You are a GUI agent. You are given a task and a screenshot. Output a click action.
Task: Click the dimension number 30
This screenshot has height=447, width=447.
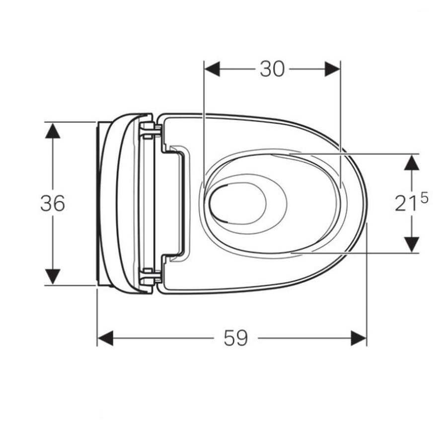click(x=272, y=70)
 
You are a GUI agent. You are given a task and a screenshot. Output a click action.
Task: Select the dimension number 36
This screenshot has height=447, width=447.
click(x=53, y=203)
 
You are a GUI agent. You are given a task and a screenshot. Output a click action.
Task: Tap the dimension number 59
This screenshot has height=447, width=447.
click(x=235, y=339)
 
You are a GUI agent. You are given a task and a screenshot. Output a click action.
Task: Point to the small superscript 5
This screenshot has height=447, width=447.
click(x=423, y=197)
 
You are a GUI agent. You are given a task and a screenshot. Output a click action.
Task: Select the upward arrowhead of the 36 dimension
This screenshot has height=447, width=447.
click(x=53, y=130)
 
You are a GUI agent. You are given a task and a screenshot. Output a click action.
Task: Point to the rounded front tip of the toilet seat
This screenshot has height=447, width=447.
click(x=367, y=203)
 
